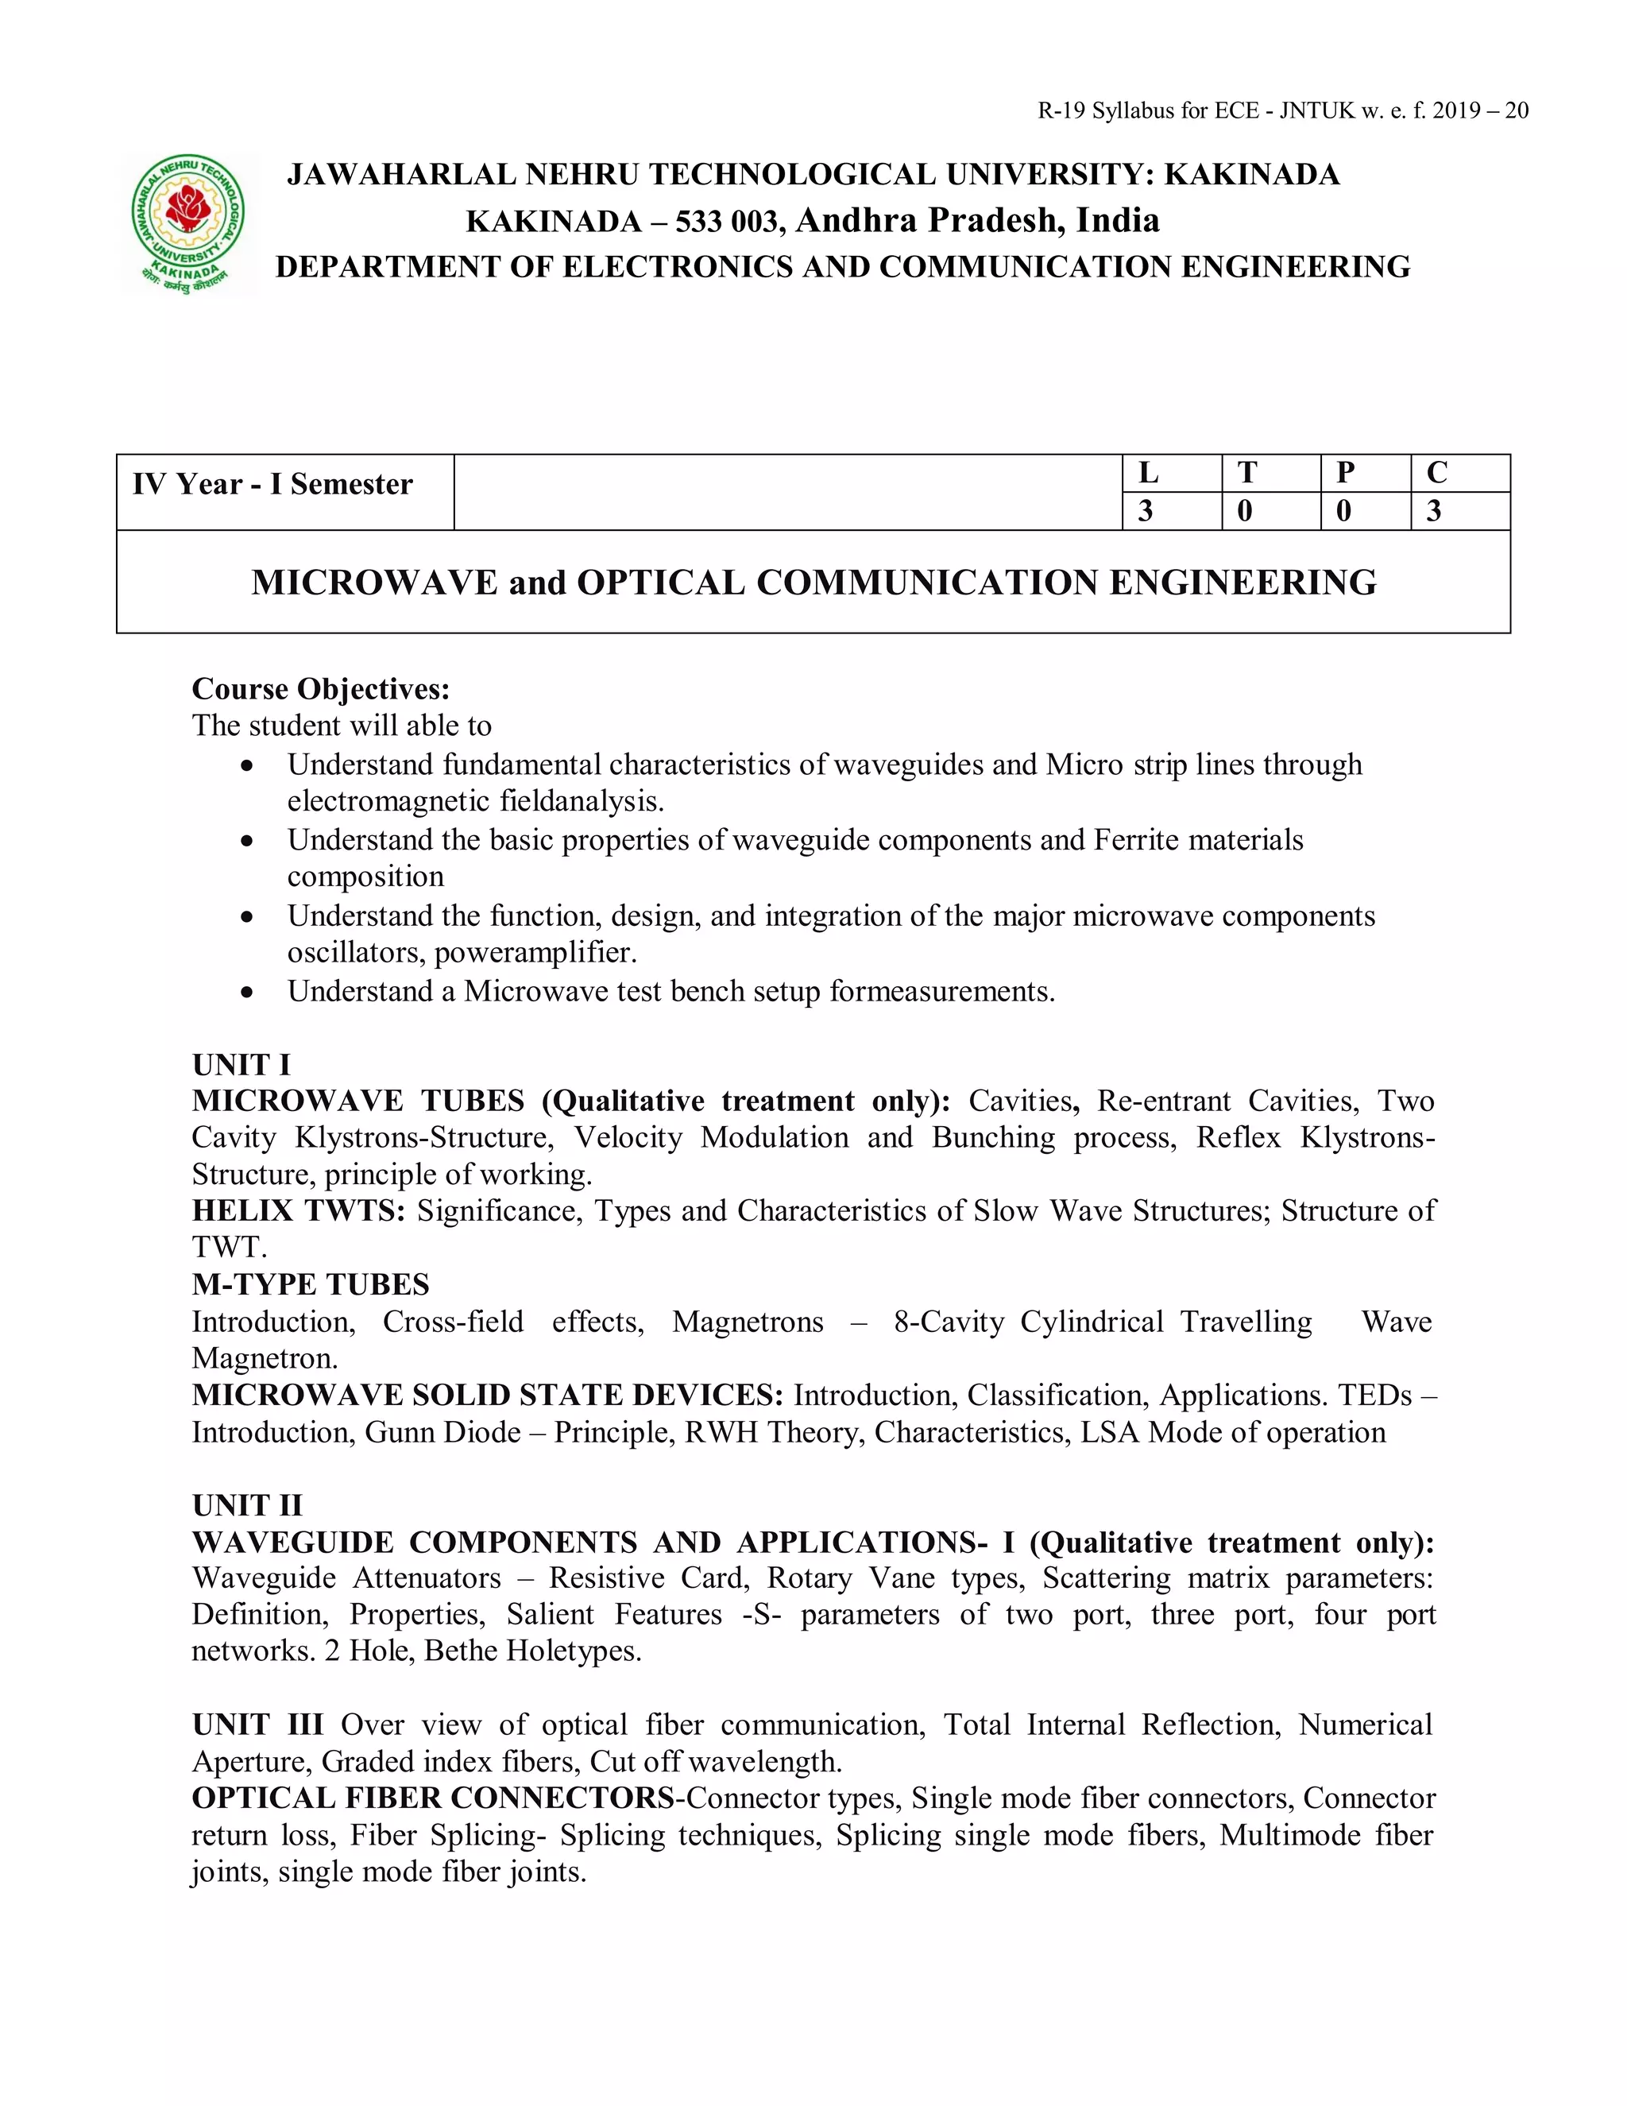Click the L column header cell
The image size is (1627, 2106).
1171,473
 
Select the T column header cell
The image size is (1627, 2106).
1270,473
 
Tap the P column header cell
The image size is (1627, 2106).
1365,473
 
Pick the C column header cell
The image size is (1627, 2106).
1459,473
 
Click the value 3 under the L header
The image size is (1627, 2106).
1171,511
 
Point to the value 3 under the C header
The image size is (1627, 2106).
1459,511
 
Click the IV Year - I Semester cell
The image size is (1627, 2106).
272,484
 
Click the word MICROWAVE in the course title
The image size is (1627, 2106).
374,583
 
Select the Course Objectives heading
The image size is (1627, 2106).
321,690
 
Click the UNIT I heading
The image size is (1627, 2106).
241,1065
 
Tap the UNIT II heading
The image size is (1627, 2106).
247,1505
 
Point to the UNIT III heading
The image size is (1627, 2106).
257,1725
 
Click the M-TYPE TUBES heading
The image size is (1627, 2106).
311,1284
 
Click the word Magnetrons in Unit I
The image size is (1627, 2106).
747,1321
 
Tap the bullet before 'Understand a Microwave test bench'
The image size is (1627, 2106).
248,991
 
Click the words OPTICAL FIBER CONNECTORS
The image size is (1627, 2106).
433,1798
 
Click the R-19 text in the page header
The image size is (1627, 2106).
1061,111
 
